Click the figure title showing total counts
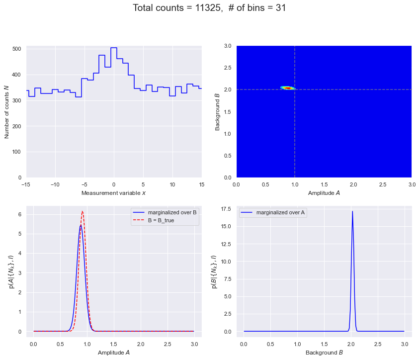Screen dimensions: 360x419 coord(209,8)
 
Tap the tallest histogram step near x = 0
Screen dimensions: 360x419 coord(114,48)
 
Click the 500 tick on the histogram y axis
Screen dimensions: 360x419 coord(16,49)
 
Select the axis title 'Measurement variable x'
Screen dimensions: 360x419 coord(114,193)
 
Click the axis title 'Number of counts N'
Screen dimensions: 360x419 coord(6,112)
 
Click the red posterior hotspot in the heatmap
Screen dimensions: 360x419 coord(287,88)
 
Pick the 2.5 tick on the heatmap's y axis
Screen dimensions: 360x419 coord(228,68)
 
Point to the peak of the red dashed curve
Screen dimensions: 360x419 coord(82,211)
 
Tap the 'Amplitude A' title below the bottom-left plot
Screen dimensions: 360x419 coord(114,353)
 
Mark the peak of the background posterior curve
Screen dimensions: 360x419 coord(352,211)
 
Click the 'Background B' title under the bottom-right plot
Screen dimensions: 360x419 coord(324,353)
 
